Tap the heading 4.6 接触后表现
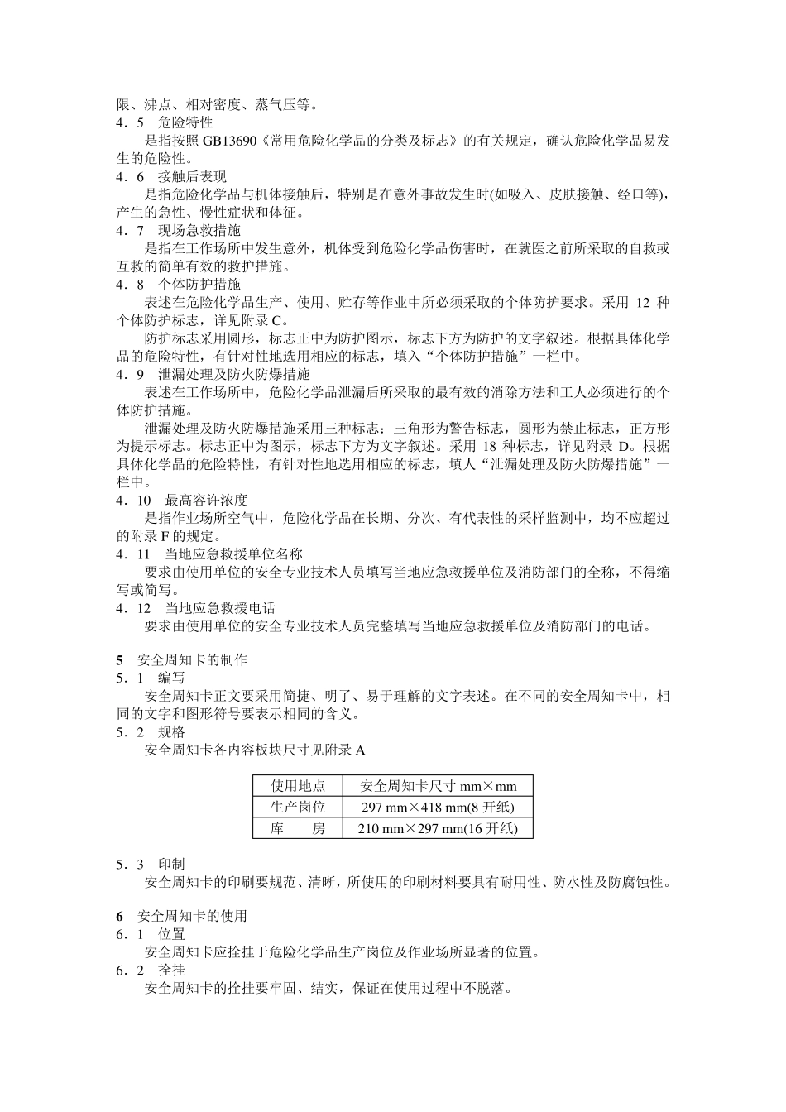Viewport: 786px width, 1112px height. pyautogui.click(x=170, y=176)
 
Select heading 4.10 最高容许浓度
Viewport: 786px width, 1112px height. pyautogui.click(x=181, y=500)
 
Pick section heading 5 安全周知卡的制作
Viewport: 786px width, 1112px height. pyautogui.click(x=181, y=659)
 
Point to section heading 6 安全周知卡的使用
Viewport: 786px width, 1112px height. pyautogui.click(x=181, y=916)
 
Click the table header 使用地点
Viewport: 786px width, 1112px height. pyautogui.click(x=298, y=785)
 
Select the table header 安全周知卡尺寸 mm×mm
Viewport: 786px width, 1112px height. pyautogui.click(x=438, y=785)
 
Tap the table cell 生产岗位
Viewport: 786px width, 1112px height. pyautogui.click(x=298, y=807)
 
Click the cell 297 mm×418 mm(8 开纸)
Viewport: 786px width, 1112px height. pyautogui.click(x=438, y=807)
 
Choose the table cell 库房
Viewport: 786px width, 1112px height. pyautogui.click(x=298, y=828)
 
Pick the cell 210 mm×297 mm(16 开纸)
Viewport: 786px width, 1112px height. pyautogui.click(x=438, y=828)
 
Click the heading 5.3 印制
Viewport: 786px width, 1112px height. pyautogui.click(x=150, y=864)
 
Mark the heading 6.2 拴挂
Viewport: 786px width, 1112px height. pyautogui.click(x=150, y=970)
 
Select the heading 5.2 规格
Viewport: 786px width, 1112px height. pyautogui.click(x=150, y=731)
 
